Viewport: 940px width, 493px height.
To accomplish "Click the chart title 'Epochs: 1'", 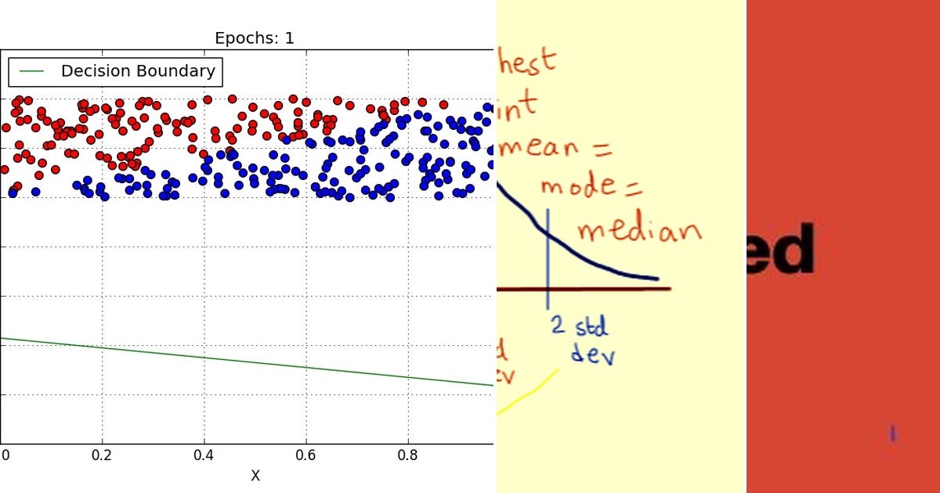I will pos(255,38).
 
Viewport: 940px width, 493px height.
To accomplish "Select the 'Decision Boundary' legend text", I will pos(138,71).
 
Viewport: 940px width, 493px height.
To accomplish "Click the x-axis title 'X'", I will pos(255,476).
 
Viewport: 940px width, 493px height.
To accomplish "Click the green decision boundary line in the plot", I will pos(247,362).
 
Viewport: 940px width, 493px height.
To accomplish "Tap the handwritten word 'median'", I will pos(638,229).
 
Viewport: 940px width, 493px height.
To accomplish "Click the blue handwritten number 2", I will pos(558,326).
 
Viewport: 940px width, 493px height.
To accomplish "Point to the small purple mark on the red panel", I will pos(891,433).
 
